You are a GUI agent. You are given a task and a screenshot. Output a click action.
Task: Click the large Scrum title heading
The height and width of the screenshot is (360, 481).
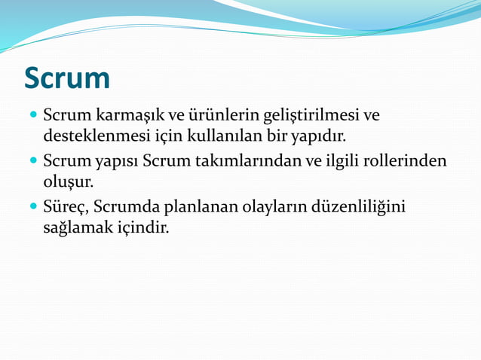(67, 78)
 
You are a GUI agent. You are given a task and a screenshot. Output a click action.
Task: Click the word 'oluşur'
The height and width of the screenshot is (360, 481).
(68, 182)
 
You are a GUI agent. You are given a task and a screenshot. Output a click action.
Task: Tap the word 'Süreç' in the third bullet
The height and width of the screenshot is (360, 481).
(65, 206)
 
